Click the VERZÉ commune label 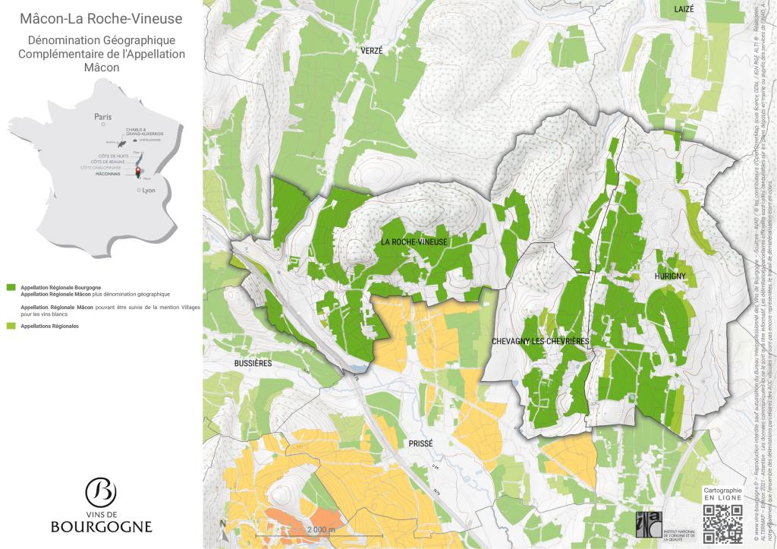pyautogui.click(x=371, y=50)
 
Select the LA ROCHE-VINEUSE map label pyautogui.click(x=414, y=241)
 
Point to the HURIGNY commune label pyautogui.click(x=669, y=277)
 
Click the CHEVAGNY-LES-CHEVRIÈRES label pyautogui.click(x=540, y=342)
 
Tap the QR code pyautogui.click(x=722, y=524)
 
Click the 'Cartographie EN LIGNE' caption pyautogui.click(x=722, y=495)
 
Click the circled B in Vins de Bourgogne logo pyautogui.click(x=101, y=492)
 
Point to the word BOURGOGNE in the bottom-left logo pyautogui.click(x=101, y=526)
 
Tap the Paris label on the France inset pyautogui.click(x=102, y=117)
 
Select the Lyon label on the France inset pyautogui.click(x=147, y=191)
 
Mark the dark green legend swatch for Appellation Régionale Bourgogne pyautogui.click(x=11, y=288)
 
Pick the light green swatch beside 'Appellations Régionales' pyautogui.click(x=11, y=326)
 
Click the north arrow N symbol pyautogui.click(x=222, y=524)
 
